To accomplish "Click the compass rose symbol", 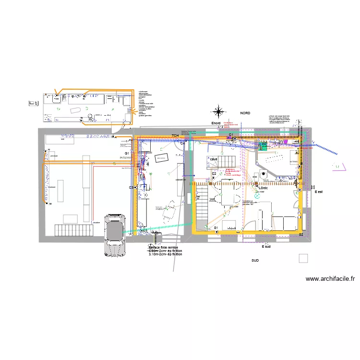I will tap(218, 112).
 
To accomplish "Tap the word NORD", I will tap(245, 113).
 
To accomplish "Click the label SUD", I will tap(255, 261).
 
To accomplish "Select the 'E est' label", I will tap(319, 192).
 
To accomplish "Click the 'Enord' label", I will tap(216, 123).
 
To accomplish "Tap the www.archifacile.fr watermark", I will tap(330, 278).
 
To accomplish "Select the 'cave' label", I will tap(214, 159).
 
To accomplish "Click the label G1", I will tap(127, 153).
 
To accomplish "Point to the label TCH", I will tap(175, 136).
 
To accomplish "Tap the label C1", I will tap(230, 135).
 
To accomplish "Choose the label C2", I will tap(214, 173).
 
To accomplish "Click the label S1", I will tap(216, 228).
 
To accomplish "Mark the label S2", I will tap(301, 234).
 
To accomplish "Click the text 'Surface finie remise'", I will tap(163, 247).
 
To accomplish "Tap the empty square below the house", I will tap(303, 258).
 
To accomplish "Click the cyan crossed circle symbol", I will tap(256, 196).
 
